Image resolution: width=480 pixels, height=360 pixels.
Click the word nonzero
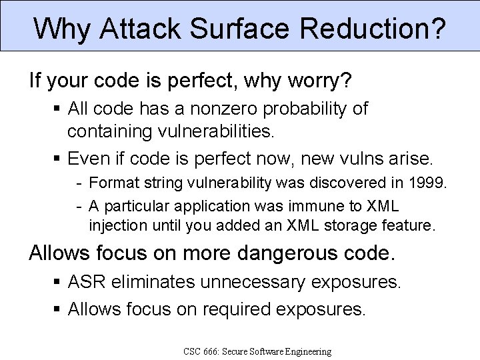[209, 109]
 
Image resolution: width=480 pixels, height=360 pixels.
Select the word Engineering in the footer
[304, 351]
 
